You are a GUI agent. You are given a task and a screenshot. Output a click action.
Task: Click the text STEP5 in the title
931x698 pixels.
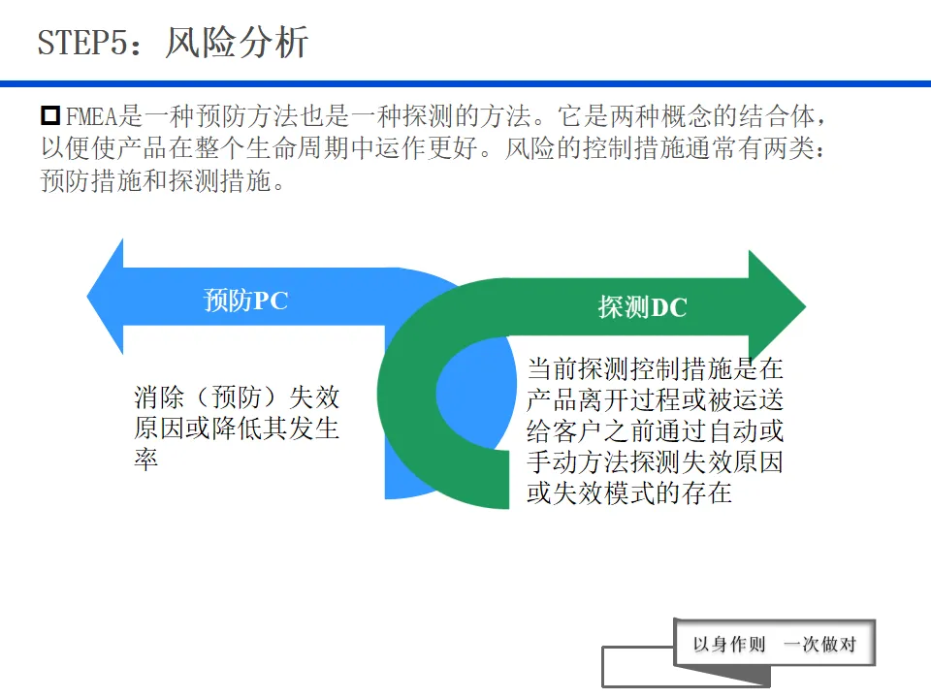click(81, 43)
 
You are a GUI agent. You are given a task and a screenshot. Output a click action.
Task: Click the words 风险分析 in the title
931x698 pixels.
click(237, 43)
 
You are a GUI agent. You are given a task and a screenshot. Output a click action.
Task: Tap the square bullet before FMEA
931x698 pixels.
click(50, 116)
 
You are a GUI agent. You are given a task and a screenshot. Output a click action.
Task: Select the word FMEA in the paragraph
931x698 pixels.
click(92, 117)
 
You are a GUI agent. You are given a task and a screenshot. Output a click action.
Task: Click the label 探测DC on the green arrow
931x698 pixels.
click(642, 307)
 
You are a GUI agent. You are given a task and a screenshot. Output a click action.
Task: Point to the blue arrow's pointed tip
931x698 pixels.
click(90, 296)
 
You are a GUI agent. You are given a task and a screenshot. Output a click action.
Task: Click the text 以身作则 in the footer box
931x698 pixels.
click(729, 645)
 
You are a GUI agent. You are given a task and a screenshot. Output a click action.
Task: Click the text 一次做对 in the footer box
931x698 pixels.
click(819, 645)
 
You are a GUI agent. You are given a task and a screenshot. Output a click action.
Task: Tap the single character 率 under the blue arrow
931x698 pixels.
click(145, 460)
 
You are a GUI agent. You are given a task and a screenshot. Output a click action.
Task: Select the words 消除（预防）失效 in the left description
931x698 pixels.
click(237, 397)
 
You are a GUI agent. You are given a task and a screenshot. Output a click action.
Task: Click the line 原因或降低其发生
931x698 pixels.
click(237, 428)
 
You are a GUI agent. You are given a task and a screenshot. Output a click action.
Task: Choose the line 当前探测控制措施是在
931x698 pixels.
click(655, 368)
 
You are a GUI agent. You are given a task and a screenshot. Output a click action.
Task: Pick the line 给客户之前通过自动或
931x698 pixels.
click(655, 430)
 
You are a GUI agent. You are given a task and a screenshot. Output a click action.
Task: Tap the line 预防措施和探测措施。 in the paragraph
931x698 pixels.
click(164, 180)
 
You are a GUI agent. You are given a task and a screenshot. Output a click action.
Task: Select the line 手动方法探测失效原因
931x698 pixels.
click(655, 461)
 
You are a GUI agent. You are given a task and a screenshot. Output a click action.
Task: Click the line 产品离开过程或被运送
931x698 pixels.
click(655, 399)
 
